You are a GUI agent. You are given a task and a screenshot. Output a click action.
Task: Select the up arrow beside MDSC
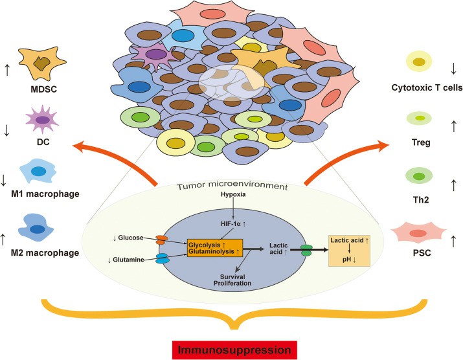click(7, 65)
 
